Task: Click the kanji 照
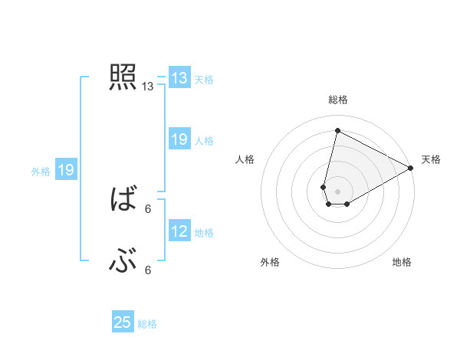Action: pos(123,77)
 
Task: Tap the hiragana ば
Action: pos(123,201)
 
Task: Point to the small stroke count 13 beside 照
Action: pos(148,87)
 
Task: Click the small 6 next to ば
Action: pos(148,208)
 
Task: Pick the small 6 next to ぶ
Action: pos(148,270)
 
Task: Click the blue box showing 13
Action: pos(179,78)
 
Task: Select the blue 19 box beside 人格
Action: pos(179,139)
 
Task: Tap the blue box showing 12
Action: pos(179,231)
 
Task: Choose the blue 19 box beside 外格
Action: pos(66,170)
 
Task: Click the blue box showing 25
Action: pos(123,322)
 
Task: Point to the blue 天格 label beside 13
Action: pos(204,79)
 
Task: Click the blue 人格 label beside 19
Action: pos(204,140)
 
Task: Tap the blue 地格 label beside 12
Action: pos(204,232)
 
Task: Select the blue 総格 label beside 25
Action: pos(147,323)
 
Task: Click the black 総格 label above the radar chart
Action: pos(337,100)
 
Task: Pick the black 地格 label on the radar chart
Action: pos(402,262)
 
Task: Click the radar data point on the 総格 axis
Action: pos(337,130)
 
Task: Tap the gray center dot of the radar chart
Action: pos(337,191)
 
